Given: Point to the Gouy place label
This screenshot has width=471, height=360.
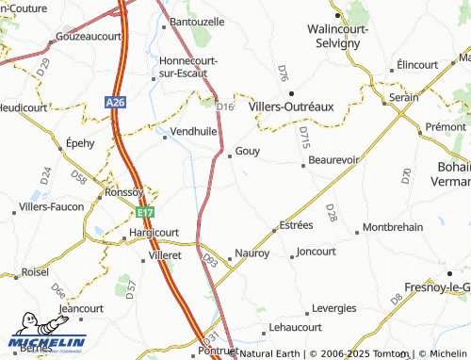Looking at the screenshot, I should pos(248,151).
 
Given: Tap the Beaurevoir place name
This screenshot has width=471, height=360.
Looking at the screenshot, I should pos(334,160).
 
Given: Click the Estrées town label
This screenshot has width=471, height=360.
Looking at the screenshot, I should pos(295,226).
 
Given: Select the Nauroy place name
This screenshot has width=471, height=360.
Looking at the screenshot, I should pos(252,254).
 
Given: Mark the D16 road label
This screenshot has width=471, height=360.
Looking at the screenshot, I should pos(224,107).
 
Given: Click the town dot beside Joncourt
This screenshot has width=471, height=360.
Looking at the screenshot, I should pos(292,253).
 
